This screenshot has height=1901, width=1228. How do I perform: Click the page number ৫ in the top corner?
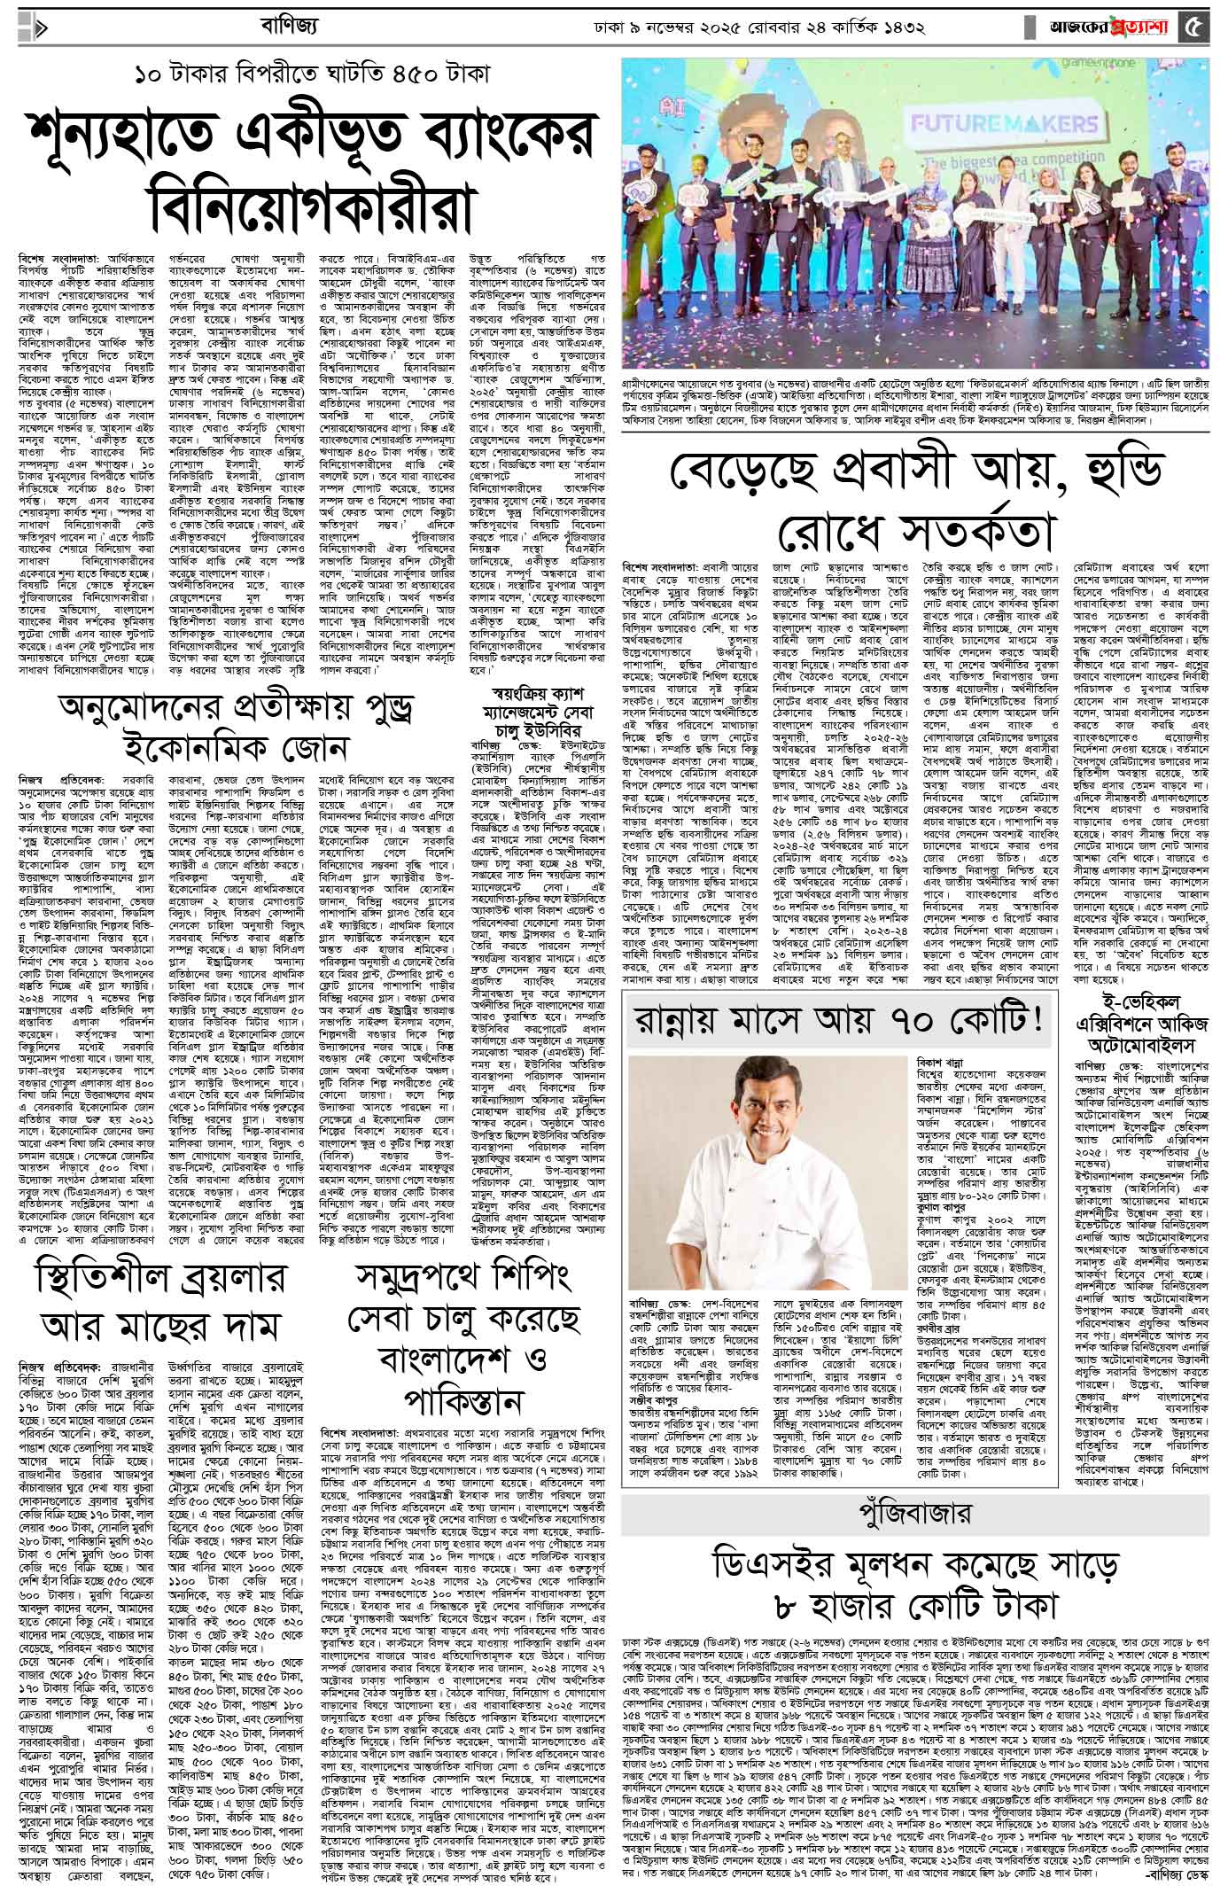click(1193, 27)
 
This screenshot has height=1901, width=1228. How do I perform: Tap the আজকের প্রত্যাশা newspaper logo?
click(1107, 27)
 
